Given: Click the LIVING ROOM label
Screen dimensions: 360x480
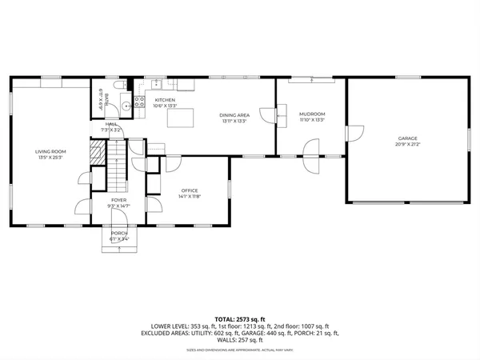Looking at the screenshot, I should (x=50, y=150).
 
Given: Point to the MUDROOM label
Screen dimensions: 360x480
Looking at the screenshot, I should (x=311, y=114).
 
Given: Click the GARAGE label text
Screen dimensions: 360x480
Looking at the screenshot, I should (x=408, y=138).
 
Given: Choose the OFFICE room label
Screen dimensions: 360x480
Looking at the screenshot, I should (x=189, y=190).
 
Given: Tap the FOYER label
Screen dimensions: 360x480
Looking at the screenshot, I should (x=118, y=199).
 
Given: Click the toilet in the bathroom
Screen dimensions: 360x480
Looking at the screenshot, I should (x=118, y=86).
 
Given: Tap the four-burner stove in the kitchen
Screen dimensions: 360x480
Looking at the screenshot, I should (x=158, y=85).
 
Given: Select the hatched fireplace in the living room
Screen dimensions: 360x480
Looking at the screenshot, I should (x=96, y=154).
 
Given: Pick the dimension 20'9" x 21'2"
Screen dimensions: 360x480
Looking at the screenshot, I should (x=408, y=145).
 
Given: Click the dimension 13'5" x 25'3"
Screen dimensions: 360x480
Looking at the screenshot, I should (x=50, y=157).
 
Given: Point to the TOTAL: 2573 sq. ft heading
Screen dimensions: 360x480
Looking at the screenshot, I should (x=239, y=318).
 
